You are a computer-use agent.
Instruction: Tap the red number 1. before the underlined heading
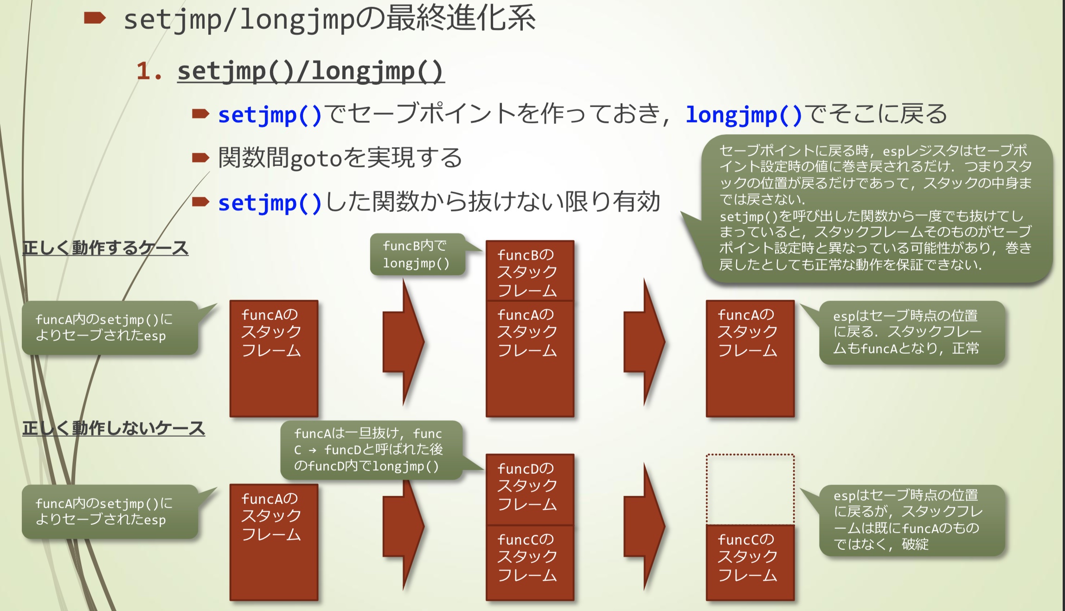pos(148,72)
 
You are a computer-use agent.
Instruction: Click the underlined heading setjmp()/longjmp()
pos(311,72)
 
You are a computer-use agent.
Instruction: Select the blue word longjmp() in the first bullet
pos(744,115)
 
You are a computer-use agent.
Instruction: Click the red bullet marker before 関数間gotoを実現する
pos(200,158)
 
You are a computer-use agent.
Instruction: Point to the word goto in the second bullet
pos(316,159)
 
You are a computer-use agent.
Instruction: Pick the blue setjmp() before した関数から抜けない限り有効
pos(269,203)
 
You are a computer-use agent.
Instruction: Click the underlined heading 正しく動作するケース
pos(105,248)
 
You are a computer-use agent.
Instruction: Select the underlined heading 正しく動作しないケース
pos(114,428)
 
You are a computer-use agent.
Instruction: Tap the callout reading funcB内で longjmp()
pos(417,255)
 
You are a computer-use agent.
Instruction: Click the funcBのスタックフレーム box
pos(530,271)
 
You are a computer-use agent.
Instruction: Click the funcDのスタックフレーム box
pos(530,489)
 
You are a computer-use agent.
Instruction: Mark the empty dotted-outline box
pos(750,489)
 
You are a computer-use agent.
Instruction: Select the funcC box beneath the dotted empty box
pos(750,562)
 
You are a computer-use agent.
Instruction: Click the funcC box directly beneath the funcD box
pos(530,562)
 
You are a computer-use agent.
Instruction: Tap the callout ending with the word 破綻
pos(911,520)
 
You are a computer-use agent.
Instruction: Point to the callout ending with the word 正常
pos(911,332)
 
